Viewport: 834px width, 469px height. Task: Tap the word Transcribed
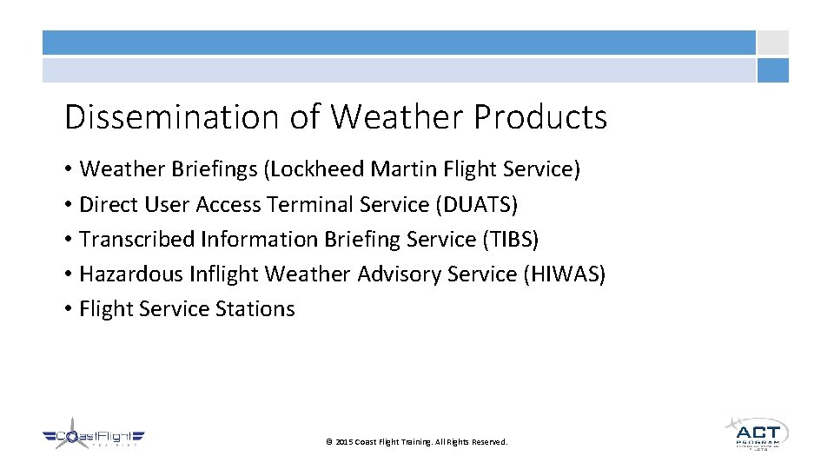[137, 240]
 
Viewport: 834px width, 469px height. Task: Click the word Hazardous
[125, 274]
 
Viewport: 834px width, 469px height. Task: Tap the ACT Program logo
[756, 433]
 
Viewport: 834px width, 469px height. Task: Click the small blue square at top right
[772, 70]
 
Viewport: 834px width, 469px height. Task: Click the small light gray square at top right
[772, 43]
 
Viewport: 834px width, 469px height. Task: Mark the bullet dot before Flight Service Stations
[68, 310]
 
